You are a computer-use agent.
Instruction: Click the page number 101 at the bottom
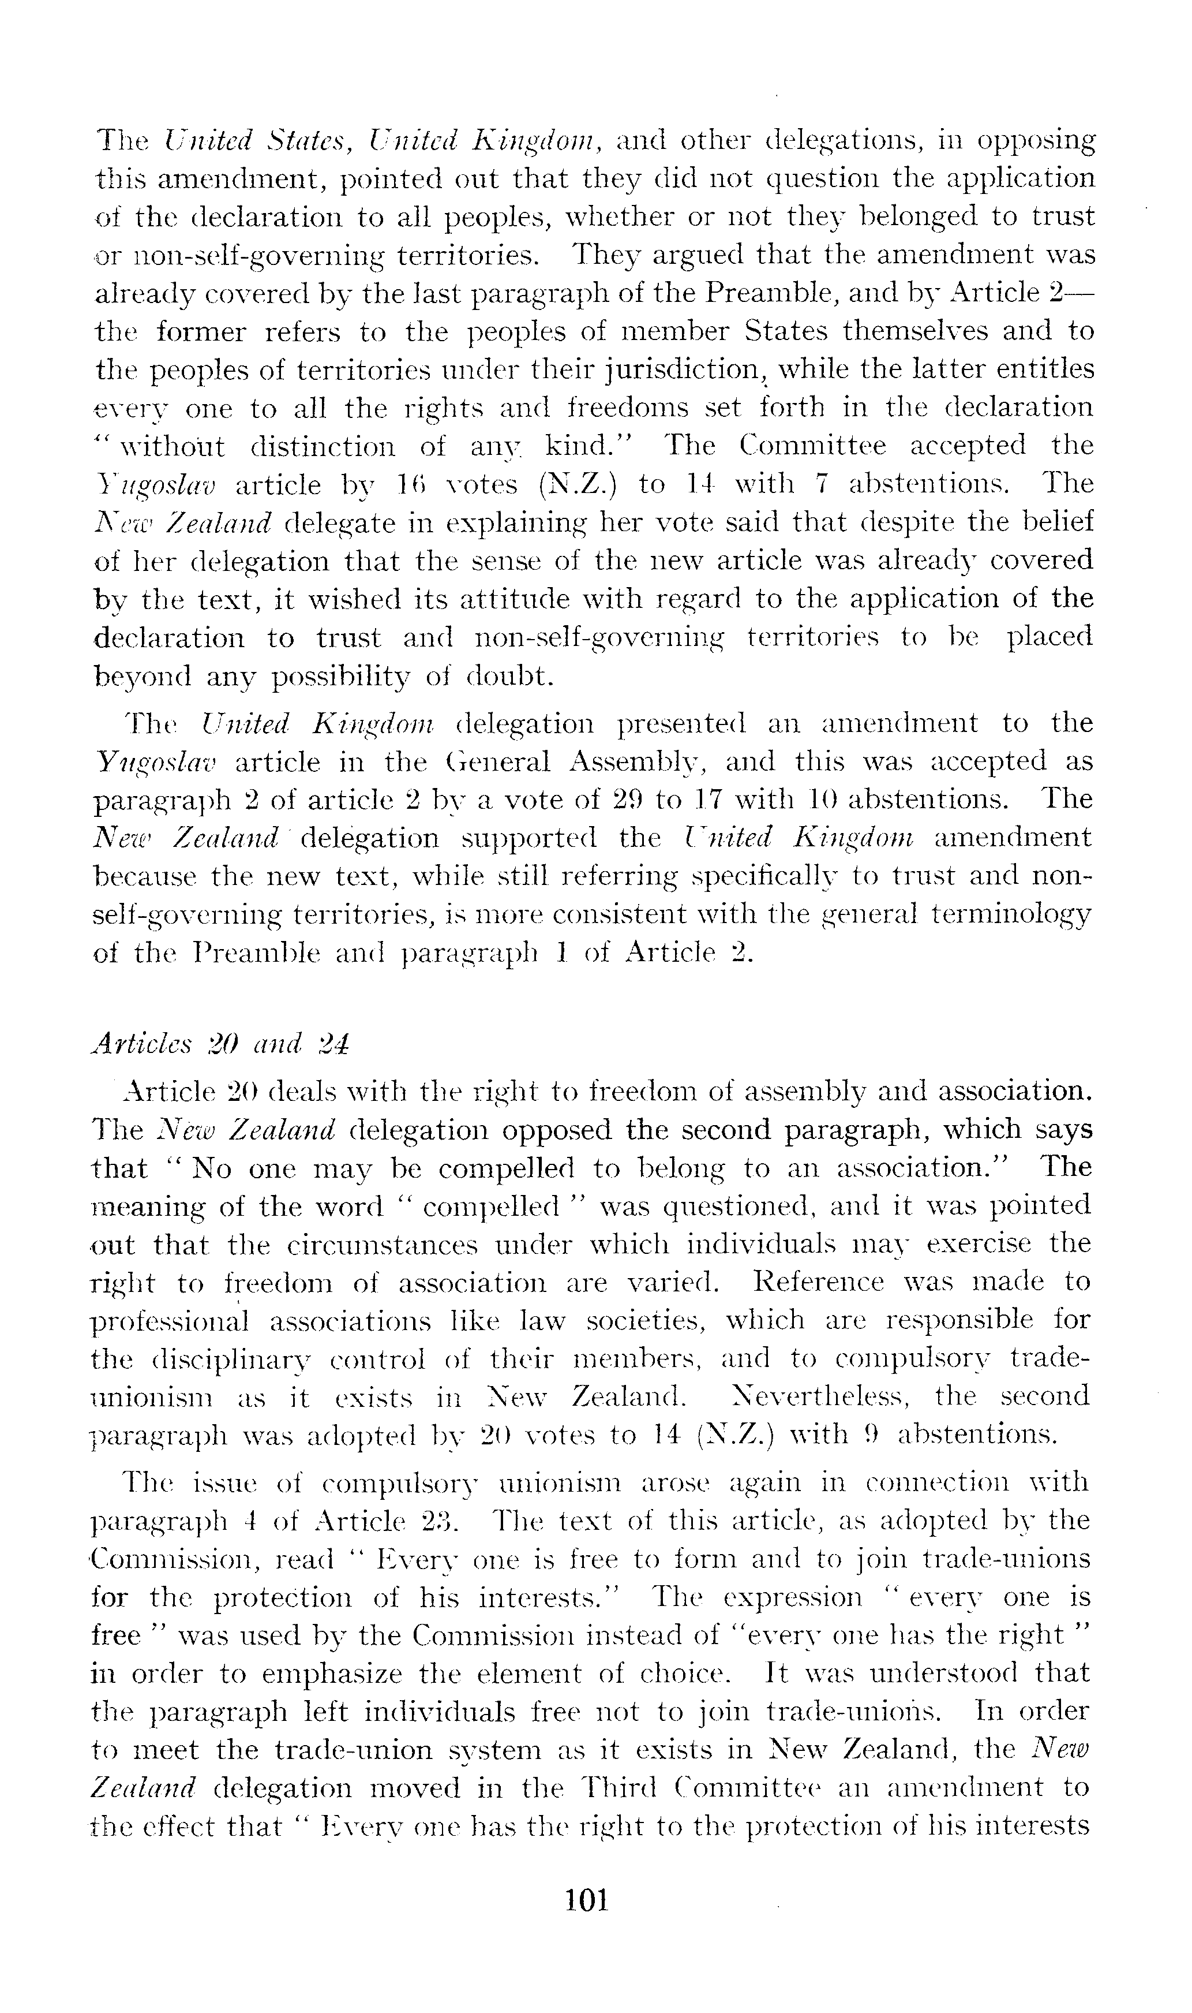[x=587, y=1902]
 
